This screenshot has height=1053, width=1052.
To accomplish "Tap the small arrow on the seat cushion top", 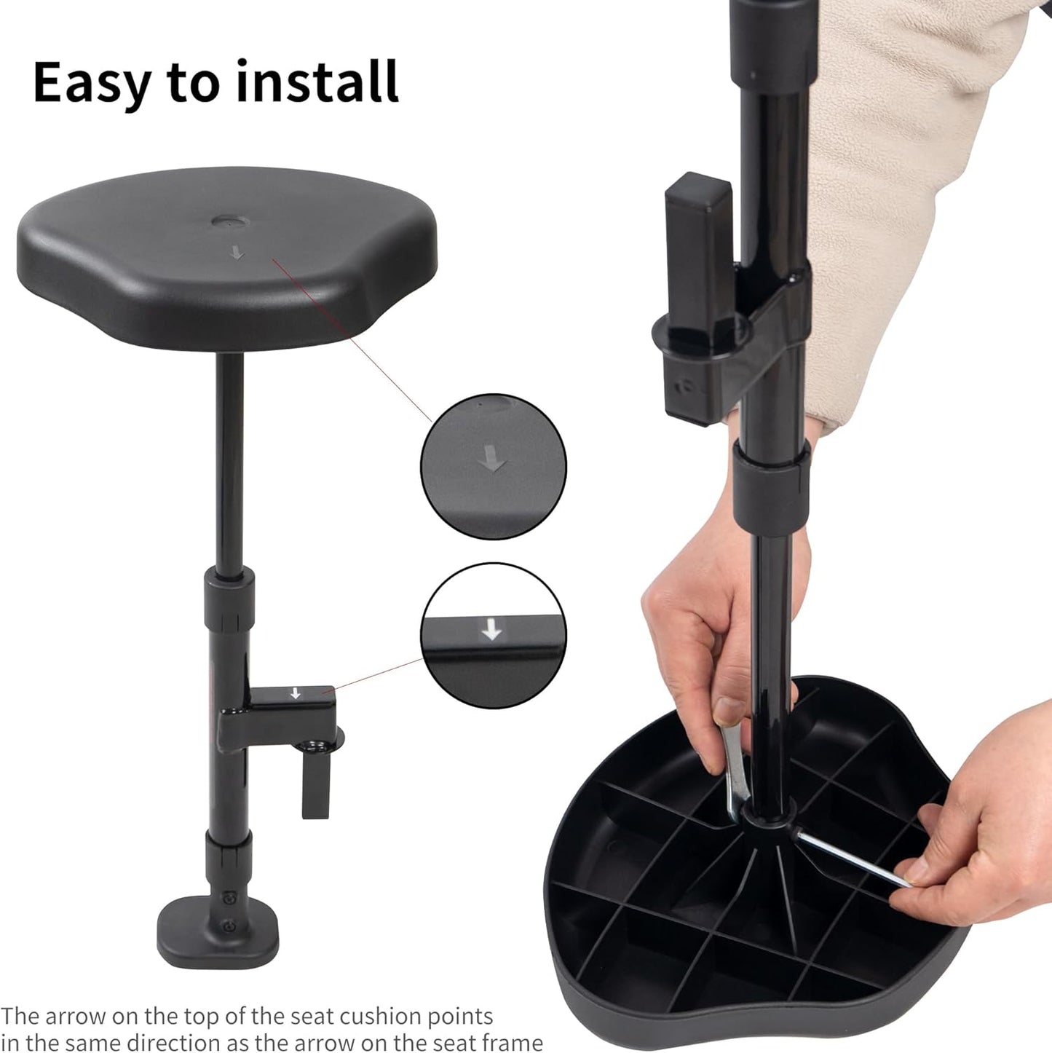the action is pyautogui.click(x=237, y=253).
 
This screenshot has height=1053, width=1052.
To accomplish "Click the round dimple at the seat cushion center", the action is pyautogui.click(x=231, y=221).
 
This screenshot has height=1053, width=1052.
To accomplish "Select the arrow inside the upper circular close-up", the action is pyautogui.click(x=492, y=458).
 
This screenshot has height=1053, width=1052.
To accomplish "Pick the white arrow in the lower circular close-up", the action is pyautogui.click(x=492, y=629).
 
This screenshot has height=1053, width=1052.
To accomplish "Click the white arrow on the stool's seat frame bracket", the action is pyautogui.click(x=296, y=693).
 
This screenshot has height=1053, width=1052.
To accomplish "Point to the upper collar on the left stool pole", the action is pyautogui.click(x=229, y=599).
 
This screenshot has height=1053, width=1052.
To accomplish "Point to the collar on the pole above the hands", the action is pyautogui.click(x=772, y=485).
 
